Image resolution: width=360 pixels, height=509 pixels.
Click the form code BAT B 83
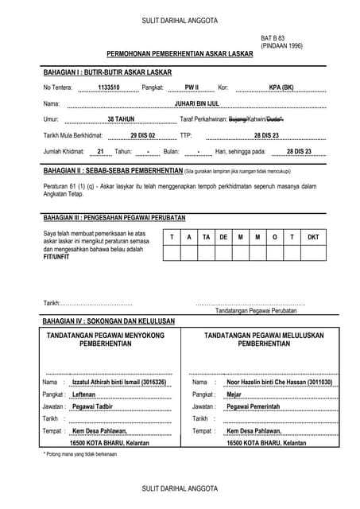[274, 38]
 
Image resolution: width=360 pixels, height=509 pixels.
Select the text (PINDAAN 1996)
[282, 46]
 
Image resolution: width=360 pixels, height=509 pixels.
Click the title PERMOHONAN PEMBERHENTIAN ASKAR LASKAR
[180, 54]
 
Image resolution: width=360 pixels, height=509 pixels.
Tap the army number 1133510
[108, 87]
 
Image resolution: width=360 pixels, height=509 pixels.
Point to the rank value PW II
[192, 87]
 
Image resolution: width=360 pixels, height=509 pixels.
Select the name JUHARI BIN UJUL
[195, 103]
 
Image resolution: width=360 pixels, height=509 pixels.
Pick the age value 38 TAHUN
[121, 119]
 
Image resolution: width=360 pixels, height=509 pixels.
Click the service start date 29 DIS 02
[143, 135]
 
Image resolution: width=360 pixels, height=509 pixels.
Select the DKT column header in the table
[313, 237]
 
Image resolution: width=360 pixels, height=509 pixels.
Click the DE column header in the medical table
[223, 237]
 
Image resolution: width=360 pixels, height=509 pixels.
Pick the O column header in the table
[275, 237]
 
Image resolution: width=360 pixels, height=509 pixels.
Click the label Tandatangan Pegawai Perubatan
[250, 311]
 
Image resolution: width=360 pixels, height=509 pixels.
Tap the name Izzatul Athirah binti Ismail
[119, 383]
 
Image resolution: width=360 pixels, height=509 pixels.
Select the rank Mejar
[234, 394]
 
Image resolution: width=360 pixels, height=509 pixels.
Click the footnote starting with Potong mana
[79, 454]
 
